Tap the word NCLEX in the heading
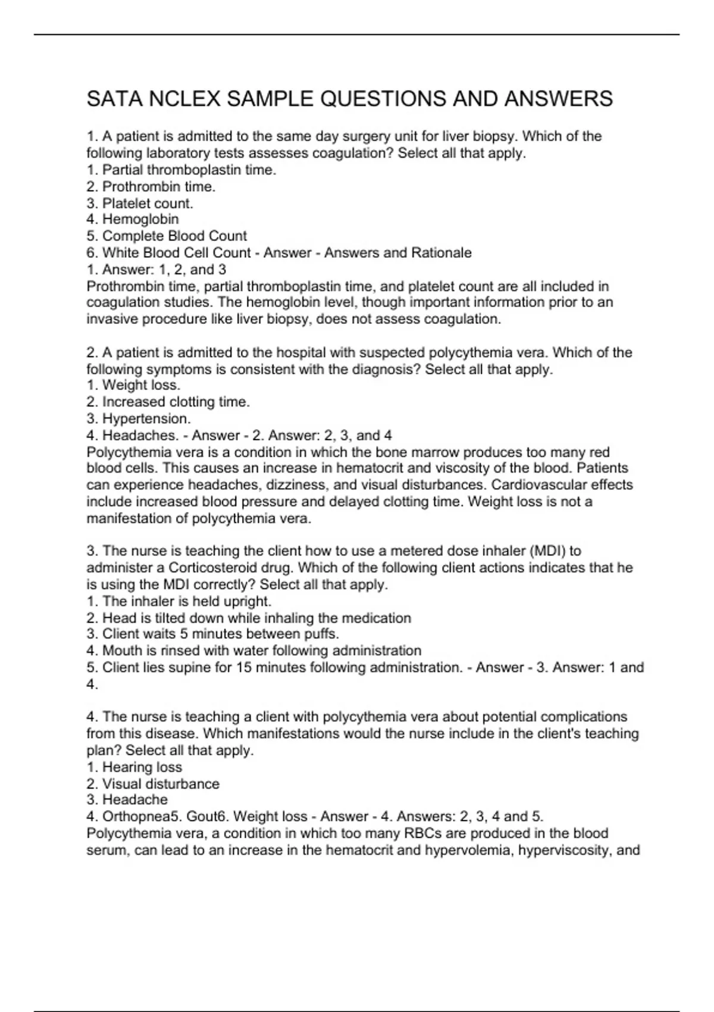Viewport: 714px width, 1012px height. pyautogui.click(x=184, y=99)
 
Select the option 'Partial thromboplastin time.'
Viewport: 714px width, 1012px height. pyautogui.click(x=189, y=170)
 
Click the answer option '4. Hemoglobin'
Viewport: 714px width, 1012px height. pyautogui.click(x=133, y=219)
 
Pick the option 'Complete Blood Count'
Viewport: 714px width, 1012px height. pyautogui.click(x=174, y=236)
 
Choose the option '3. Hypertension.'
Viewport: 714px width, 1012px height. pyautogui.click(x=139, y=418)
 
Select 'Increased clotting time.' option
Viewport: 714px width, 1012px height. pyautogui.click(x=176, y=402)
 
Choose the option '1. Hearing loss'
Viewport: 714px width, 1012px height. pyautogui.click(x=134, y=767)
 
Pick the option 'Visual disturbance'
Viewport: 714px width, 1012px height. pyautogui.click(x=161, y=784)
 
